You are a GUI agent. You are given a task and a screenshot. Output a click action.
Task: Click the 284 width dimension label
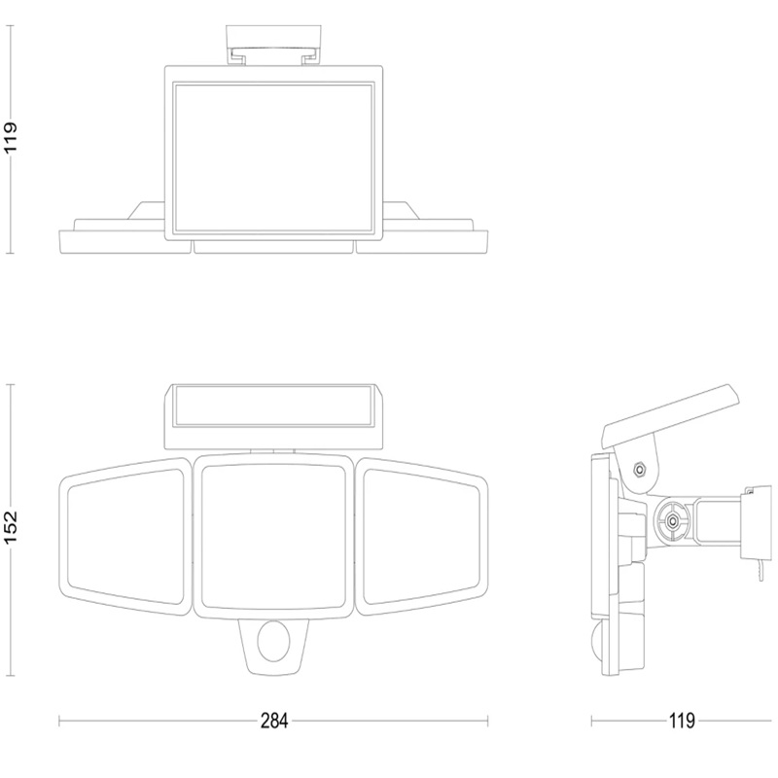coord(274,721)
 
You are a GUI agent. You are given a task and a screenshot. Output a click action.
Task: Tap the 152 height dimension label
coord(11,527)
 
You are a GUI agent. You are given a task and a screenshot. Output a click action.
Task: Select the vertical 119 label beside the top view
coord(11,137)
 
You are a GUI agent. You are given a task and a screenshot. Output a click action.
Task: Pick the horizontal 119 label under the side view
coord(682,721)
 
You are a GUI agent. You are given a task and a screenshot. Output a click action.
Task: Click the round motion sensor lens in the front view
coord(273,644)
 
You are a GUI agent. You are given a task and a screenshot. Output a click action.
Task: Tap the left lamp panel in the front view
coord(125,537)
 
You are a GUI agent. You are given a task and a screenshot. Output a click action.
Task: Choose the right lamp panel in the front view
coord(422,537)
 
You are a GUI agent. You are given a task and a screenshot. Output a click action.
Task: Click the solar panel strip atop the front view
coord(273,406)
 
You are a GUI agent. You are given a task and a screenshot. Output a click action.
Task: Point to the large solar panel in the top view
coord(273,159)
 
